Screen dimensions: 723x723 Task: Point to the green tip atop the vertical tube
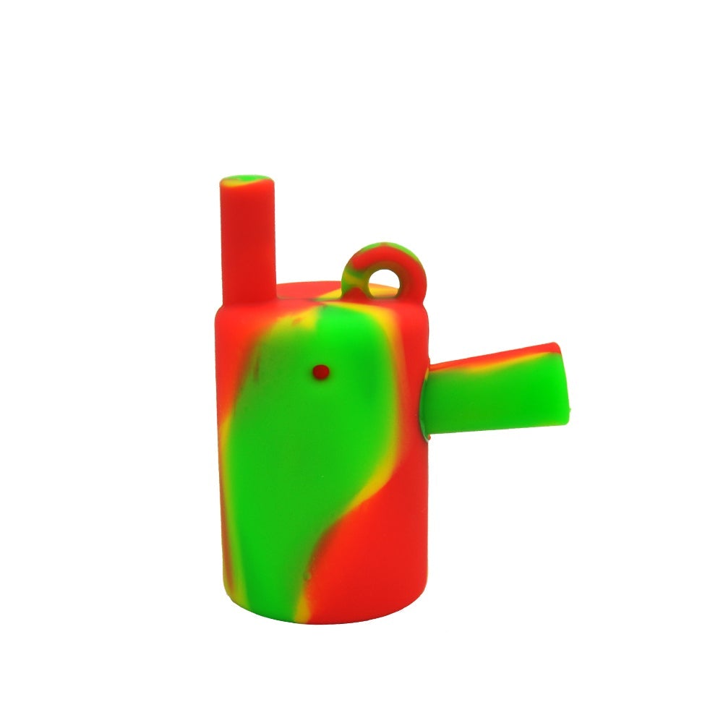(247, 180)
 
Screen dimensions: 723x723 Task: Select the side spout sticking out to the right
(492, 390)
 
